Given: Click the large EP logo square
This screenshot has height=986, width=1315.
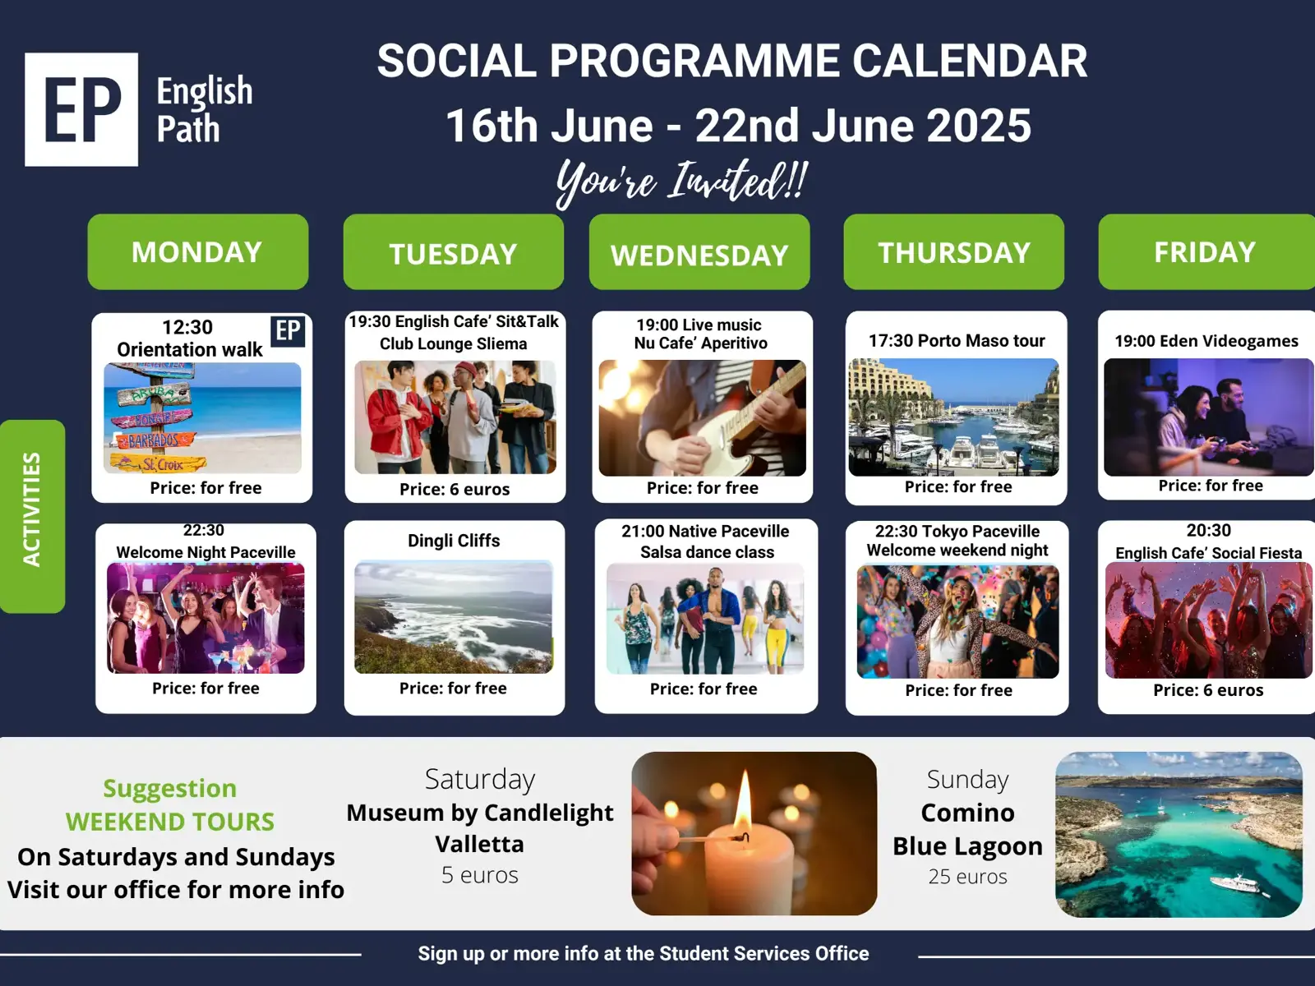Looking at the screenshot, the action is [x=81, y=109].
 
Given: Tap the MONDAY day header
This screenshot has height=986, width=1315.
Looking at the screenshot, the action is [x=198, y=252].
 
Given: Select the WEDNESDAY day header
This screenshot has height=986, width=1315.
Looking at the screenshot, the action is [x=699, y=252].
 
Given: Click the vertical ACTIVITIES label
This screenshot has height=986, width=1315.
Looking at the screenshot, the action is [x=32, y=509].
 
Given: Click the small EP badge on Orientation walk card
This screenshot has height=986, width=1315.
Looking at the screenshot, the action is [x=288, y=330].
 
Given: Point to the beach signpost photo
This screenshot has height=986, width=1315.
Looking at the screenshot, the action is [x=202, y=418].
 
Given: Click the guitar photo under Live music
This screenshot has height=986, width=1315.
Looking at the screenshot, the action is [x=702, y=418].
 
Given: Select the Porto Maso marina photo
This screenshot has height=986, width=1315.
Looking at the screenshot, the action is [x=953, y=417].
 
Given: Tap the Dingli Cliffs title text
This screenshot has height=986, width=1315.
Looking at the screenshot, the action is [x=454, y=541].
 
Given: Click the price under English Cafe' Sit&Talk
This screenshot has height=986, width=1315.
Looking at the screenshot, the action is [x=454, y=489].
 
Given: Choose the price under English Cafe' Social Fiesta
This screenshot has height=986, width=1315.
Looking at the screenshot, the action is [x=1208, y=690].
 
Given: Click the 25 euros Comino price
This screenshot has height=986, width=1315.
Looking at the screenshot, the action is [x=967, y=877].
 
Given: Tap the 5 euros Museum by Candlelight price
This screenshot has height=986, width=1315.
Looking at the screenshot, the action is [x=480, y=874].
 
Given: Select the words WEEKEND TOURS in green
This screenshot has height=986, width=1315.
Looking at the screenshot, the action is [x=170, y=822].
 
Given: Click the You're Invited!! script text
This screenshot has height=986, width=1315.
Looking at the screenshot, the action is [x=682, y=182].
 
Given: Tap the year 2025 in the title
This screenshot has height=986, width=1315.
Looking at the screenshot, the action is [x=979, y=126].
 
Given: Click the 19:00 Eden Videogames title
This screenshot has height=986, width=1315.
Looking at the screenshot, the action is [x=1207, y=341].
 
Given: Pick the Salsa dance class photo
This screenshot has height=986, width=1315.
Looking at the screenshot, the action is [x=705, y=619].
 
